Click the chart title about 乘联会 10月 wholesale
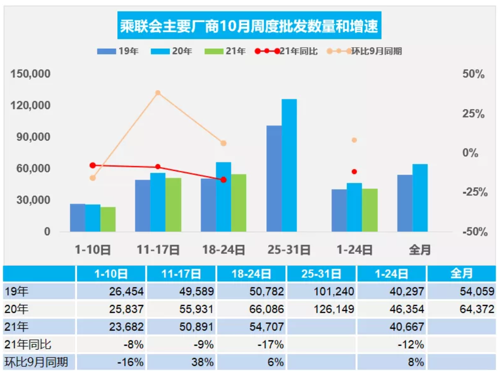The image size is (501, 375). click(x=249, y=26)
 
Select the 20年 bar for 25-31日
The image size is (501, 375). click(x=289, y=166)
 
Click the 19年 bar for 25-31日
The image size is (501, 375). click(x=274, y=178)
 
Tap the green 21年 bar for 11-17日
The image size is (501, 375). click(x=173, y=205)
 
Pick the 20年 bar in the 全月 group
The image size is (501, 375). click(x=420, y=198)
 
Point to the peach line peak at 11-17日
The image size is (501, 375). click(x=158, y=93)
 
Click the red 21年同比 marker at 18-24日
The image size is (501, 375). click(x=223, y=180)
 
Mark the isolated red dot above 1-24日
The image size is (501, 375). click(x=354, y=171)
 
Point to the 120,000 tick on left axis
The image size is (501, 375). click(x=31, y=106)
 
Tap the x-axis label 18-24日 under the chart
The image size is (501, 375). click(x=223, y=250)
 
